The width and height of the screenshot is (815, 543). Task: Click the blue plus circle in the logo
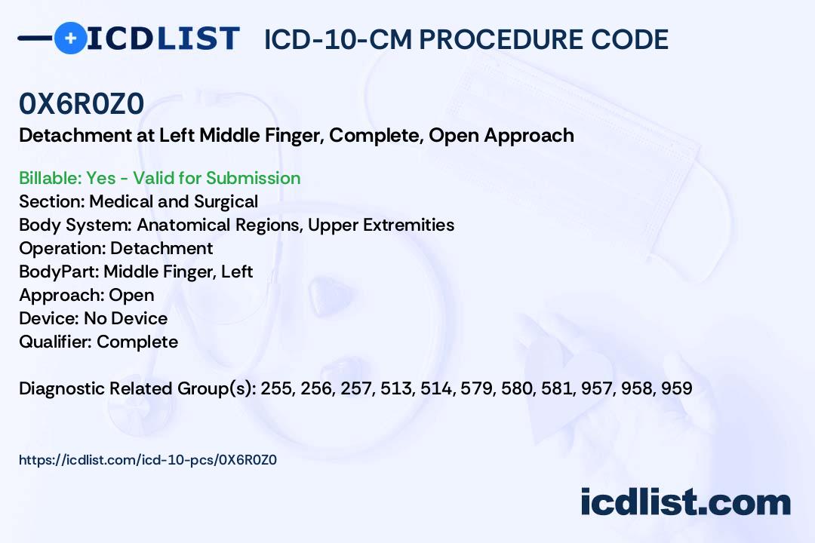coord(70,38)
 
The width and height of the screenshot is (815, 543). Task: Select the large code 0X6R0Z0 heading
coord(81,103)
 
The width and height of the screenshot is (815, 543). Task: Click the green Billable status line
coord(159,178)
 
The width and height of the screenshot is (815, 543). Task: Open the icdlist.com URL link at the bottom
coord(148,460)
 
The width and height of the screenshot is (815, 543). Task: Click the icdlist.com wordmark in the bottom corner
coord(685,502)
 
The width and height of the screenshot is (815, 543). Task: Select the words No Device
coord(126,318)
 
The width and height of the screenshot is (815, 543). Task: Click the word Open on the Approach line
coord(131,295)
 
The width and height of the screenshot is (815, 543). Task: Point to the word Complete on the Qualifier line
coord(137,342)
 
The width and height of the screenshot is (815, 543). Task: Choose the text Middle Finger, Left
coord(178,271)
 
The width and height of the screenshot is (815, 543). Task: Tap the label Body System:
coord(75,225)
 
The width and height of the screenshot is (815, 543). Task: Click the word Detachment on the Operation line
coord(161,248)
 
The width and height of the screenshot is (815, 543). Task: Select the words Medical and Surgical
coord(174,201)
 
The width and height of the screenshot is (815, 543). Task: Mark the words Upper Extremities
coord(381,225)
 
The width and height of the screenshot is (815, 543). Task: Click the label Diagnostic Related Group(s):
coord(138,388)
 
